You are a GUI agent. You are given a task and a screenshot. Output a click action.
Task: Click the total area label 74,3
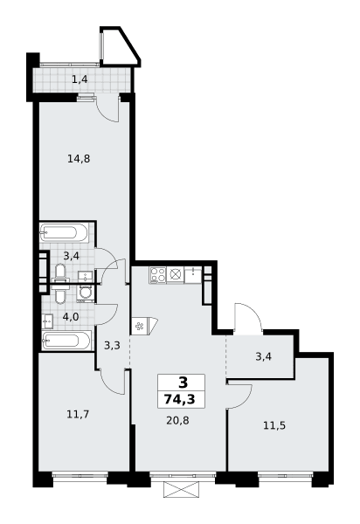179,399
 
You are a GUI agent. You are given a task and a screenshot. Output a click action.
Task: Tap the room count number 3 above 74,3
183,383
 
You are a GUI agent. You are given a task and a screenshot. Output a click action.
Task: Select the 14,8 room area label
79,158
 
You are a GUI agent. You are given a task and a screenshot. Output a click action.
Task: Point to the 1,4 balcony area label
80,79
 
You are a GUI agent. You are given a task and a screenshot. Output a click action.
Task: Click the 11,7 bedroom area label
78,414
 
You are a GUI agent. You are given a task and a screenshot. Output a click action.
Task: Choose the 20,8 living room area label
178,420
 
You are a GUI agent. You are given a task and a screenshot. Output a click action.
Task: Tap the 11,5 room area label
274,426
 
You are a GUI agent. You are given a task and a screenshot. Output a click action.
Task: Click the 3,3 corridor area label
112,345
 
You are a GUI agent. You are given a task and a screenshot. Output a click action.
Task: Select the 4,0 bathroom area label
71,316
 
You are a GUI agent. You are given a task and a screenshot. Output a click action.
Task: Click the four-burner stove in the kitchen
158,275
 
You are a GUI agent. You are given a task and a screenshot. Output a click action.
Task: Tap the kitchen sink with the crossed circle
175,274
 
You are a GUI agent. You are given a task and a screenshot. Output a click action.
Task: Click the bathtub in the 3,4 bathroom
64,232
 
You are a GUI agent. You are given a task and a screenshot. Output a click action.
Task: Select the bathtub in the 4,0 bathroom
66,341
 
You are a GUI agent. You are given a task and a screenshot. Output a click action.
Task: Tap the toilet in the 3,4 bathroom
60,272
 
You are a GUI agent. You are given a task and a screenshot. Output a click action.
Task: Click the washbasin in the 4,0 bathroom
47,321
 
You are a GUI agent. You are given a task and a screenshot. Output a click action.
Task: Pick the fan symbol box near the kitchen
138,325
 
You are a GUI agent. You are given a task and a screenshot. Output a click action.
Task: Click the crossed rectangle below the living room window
183,489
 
